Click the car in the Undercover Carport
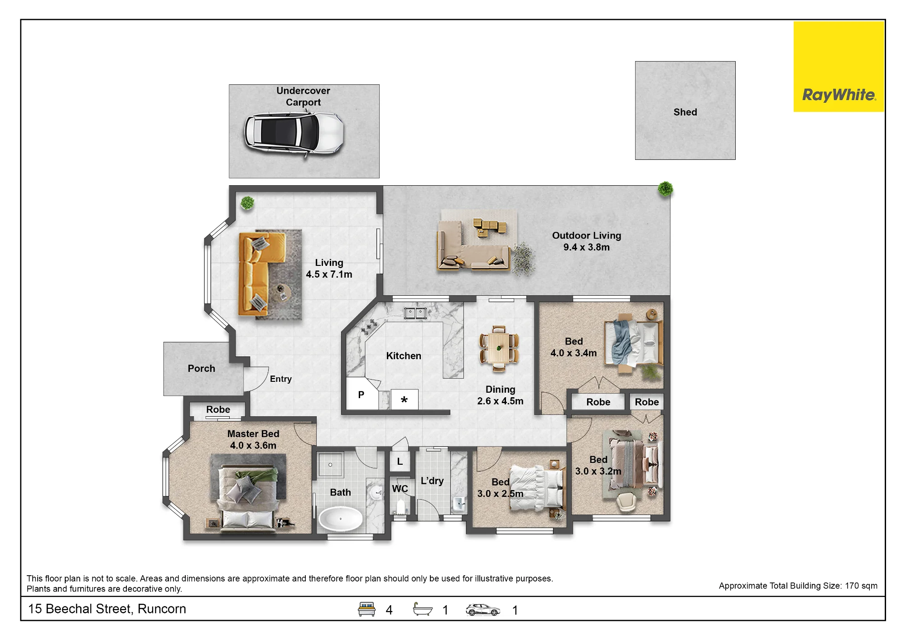pyautogui.click(x=294, y=134)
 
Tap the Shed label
pyautogui.click(x=685, y=112)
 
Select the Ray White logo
pyautogui.click(x=839, y=67)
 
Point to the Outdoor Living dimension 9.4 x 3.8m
pyautogui.click(x=586, y=247)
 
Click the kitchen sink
pyautogui.click(x=415, y=313)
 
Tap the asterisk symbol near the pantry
pyautogui.click(x=404, y=399)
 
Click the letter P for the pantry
pyautogui.click(x=361, y=395)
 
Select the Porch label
pyautogui.click(x=202, y=369)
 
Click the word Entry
pyautogui.click(x=281, y=379)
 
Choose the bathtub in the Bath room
pyautogui.click(x=341, y=519)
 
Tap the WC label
pyautogui.click(x=400, y=489)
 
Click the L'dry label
pyautogui.click(x=432, y=481)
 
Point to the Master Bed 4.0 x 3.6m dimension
pyautogui.click(x=253, y=446)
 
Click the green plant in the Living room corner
pyautogui.click(x=247, y=203)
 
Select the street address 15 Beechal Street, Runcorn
pyautogui.click(x=107, y=609)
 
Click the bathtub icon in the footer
pyautogui.click(x=423, y=609)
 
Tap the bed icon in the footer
pyautogui.click(x=367, y=609)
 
